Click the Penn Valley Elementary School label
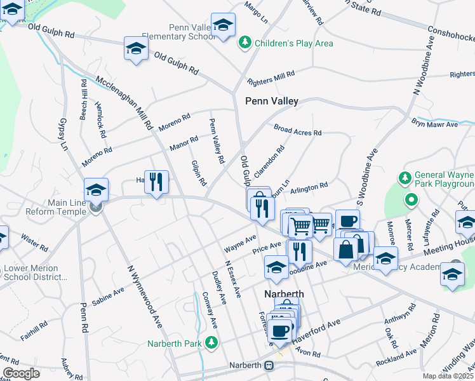point(192,32)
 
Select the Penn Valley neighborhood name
point(272,100)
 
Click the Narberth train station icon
point(270,366)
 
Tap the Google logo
point(22,373)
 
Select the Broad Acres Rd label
point(298,130)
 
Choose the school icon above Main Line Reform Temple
point(96,189)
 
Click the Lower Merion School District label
point(34,273)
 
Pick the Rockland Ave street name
point(395,362)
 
